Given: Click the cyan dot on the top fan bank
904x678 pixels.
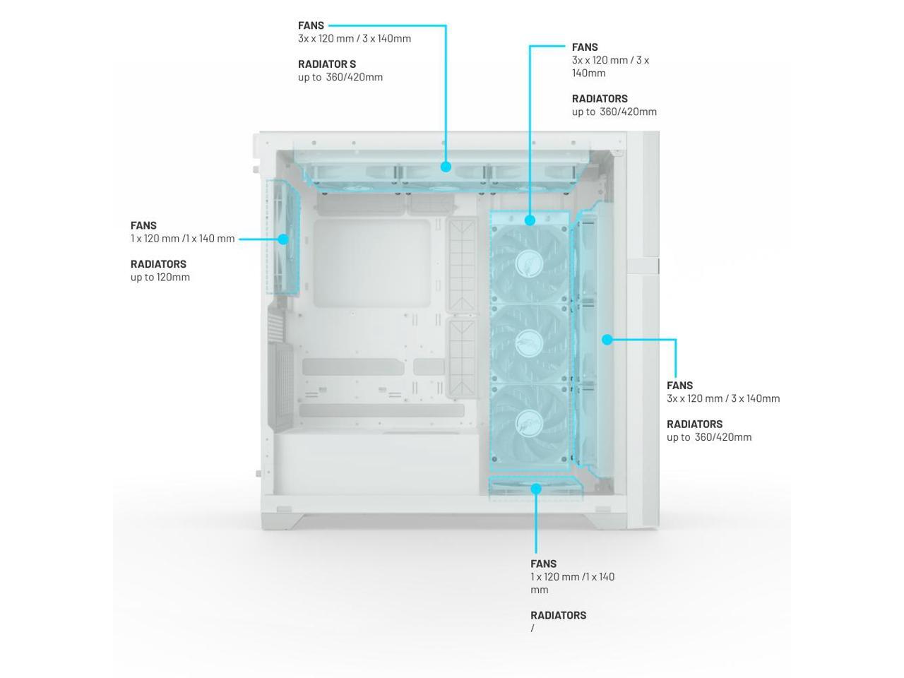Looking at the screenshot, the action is click(446, 167).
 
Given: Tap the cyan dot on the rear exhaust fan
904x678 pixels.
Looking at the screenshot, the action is click(283, 239).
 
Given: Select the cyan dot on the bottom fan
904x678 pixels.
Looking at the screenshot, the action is click(536, 489).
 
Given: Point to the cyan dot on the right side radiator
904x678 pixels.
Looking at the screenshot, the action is click(607, 340).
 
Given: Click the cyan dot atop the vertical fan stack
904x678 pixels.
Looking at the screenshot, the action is click(530, 220).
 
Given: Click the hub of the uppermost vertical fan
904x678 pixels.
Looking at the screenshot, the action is click(529, 262).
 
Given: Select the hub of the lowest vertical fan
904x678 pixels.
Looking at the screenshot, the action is click(529, 422).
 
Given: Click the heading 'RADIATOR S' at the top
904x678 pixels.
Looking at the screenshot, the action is click(326, 64).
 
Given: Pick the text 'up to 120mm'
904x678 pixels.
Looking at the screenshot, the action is click(160, 277).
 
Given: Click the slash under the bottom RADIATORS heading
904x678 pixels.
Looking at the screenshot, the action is click(533, 628).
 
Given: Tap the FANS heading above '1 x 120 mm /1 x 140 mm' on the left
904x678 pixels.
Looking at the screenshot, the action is click(143, 226).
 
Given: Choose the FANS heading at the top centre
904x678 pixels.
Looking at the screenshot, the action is click(311, 26).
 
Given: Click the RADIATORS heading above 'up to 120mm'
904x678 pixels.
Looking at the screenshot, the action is click(158, 264).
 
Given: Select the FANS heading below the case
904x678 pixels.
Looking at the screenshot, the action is click(543, 564).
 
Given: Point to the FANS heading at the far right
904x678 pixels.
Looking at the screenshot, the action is click(679, 386).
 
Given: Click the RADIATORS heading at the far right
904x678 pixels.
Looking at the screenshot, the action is click(694, 424).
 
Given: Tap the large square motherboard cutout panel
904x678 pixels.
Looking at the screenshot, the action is click(371, 263).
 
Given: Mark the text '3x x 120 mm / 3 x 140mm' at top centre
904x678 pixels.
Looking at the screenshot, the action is click(354, 39).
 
